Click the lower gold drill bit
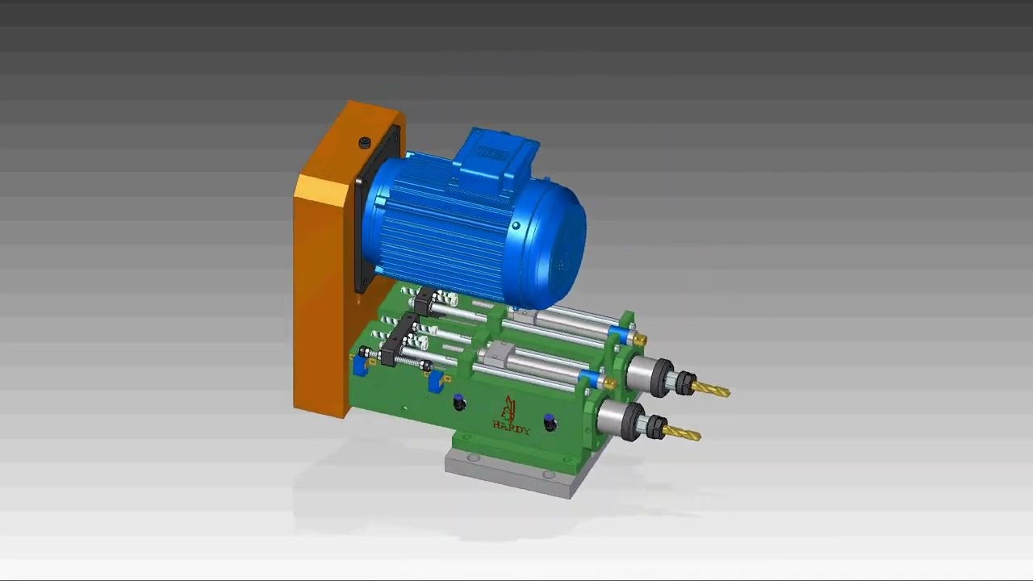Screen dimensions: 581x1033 click(682, 434)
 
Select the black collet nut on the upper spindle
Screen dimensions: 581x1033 click(684, 382)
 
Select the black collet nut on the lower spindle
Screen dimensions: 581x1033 click(655, 426)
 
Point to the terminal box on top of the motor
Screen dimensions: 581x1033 click(494, 153)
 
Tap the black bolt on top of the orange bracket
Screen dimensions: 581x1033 click(365, 143)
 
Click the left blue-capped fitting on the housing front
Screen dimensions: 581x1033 click(459, 402)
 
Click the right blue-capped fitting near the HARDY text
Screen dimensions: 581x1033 click(550, 422)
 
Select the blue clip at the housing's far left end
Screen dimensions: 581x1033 click(359, 365)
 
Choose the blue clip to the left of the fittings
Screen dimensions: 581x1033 click(436, 382)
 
